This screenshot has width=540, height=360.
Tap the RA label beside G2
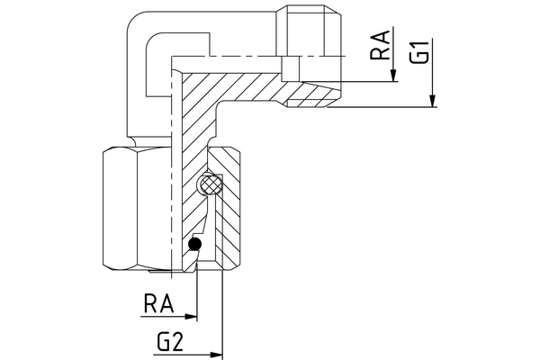159,303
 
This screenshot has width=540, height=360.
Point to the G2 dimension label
171,341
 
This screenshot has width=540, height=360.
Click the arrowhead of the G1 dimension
433,103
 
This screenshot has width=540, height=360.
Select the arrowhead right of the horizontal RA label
191,317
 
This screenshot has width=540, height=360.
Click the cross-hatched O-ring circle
211,184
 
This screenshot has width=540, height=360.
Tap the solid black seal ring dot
193,245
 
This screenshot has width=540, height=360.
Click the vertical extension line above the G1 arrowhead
433,54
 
